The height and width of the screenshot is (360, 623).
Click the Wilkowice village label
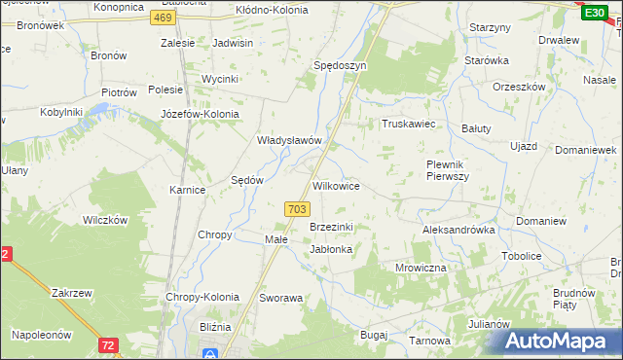coord(336,185)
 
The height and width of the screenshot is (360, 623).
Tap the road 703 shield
coord(298,209)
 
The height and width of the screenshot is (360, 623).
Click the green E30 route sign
coord(594,12)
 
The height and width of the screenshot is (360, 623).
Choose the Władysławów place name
coord(288,140)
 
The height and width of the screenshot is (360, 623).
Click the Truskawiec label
coord(407,125)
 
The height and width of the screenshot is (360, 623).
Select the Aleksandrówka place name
coord(458,230)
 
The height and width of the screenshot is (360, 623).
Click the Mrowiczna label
coord(421,267)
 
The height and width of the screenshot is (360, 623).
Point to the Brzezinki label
coord(331,227)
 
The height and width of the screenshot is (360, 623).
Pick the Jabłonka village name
coord(331,249)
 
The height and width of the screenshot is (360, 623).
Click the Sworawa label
coord(281,298)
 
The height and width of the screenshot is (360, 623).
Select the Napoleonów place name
coord(42,334)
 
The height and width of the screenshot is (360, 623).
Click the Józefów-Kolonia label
coord(200,113)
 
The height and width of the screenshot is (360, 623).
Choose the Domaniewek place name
coord(586,150)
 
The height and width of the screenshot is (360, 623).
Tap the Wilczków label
coord(105,220)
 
